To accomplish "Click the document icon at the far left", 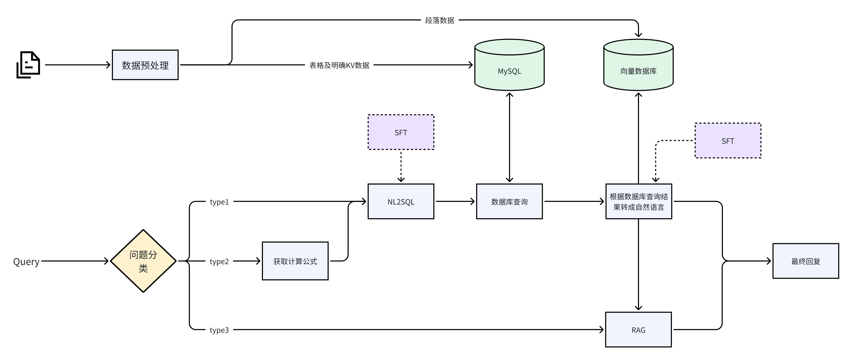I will [x=28, y=65].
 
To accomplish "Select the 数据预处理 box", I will [x=145, y=65].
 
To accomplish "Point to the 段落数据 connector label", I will [x=440, y=20].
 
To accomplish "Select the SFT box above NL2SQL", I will [x=401, y=132].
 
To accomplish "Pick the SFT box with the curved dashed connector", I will [x=728, y=141].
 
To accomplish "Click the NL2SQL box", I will [x=401, y=202].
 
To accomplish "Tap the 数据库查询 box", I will [x=509, y=202].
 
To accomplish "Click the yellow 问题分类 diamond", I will [x=143, y=261].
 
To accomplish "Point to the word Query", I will [x=26, y=262].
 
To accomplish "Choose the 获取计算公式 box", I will [x=295, y=261].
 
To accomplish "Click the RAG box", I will [x=638, y=330].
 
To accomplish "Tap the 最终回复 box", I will [x=806, y=261].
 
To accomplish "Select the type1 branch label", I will [x=219, y=202].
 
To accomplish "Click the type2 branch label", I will [x=219, y=262].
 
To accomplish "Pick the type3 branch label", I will [x=219, y=330].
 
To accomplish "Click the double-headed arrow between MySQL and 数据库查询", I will [x=509, y=137].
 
